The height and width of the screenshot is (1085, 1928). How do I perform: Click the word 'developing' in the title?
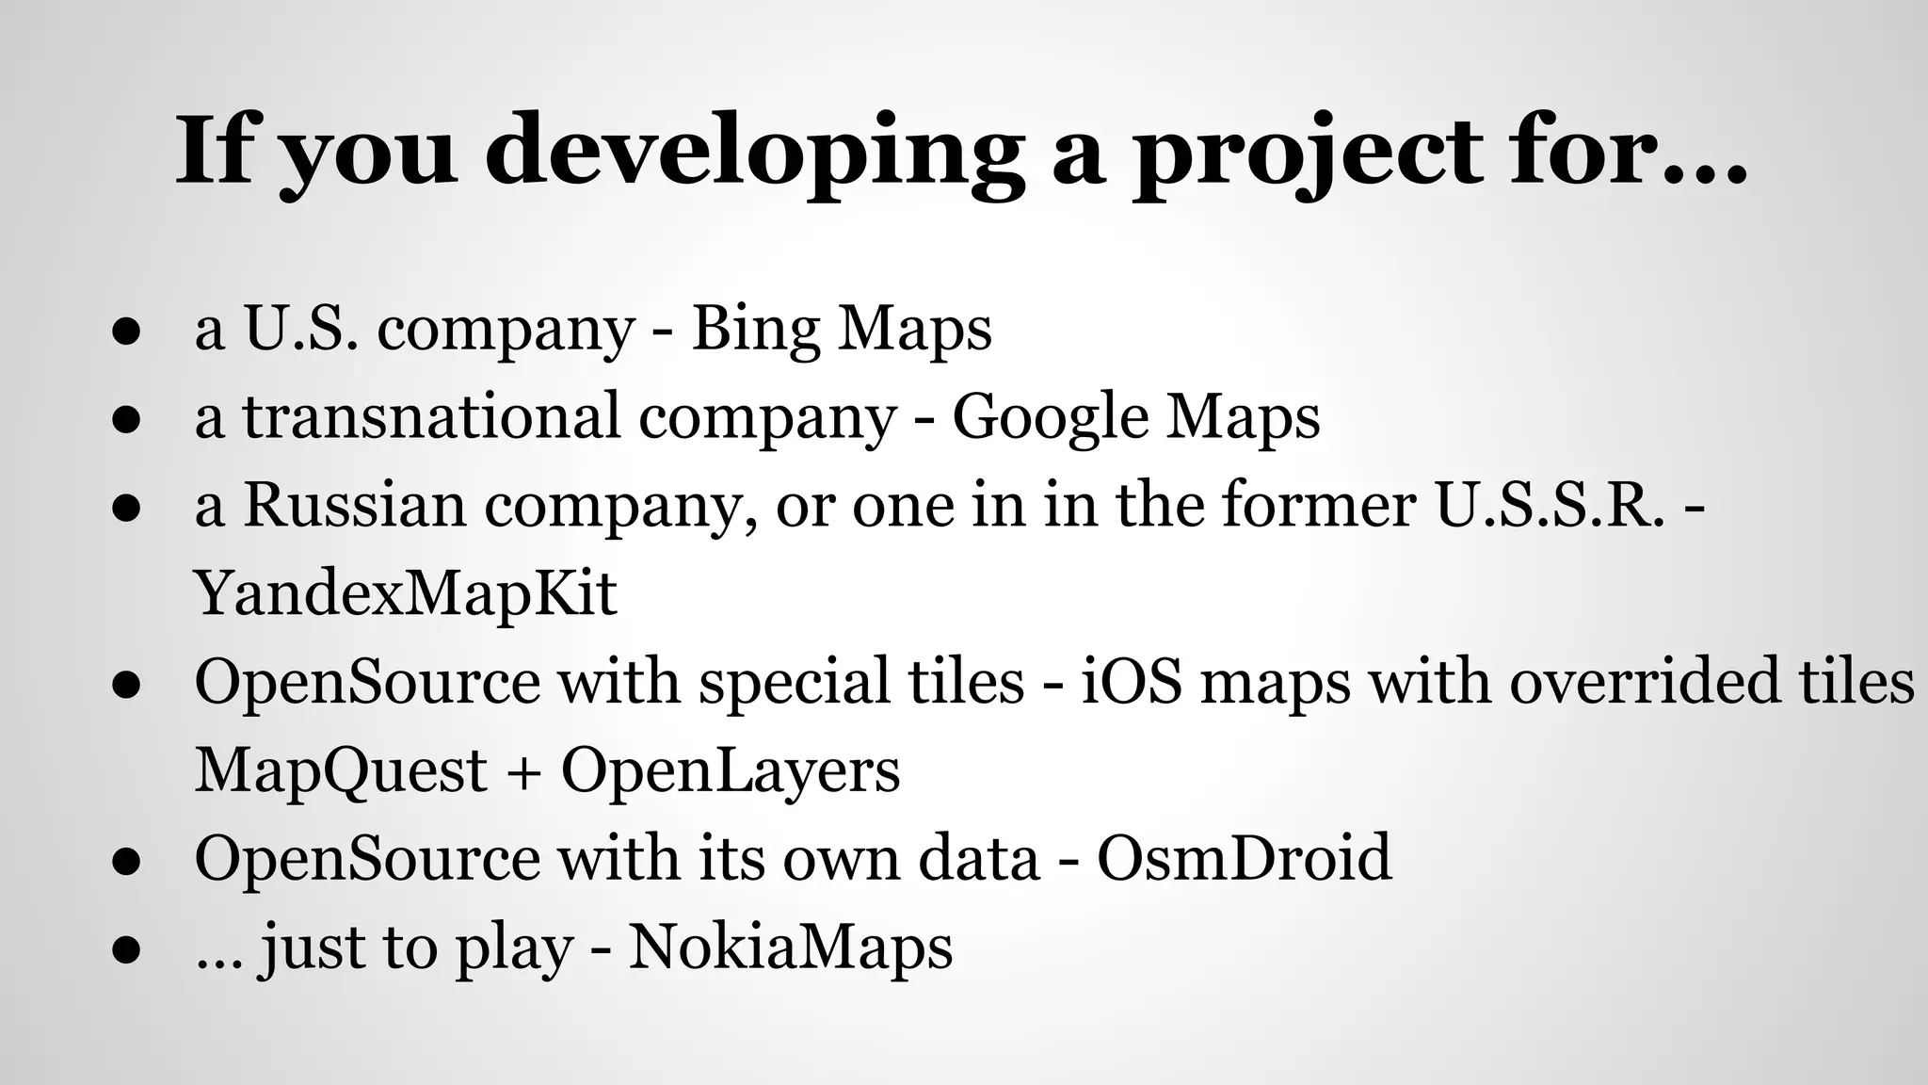tap(754, 151)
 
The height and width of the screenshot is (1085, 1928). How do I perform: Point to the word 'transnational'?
tap(431, 415)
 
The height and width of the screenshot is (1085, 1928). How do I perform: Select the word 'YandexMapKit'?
tap(406, 593)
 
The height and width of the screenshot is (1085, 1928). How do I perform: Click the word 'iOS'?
tap(1131, 681)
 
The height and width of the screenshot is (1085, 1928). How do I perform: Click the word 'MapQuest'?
tap(341, 769)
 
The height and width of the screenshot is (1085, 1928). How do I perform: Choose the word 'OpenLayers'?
tap(731, 769)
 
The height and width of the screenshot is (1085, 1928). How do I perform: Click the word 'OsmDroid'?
tap(1244, 857)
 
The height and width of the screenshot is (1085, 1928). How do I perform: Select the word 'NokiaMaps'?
tap(791, 946)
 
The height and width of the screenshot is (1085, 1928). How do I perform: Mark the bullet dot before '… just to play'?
tap(125, 948)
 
